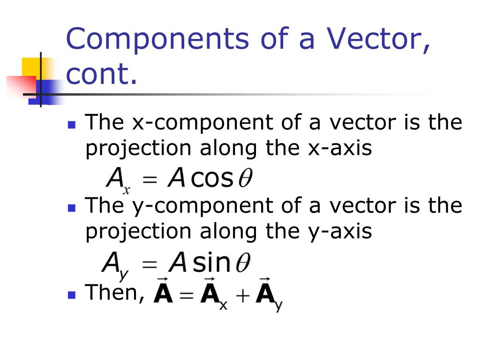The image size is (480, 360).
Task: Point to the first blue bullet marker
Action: point(71,125)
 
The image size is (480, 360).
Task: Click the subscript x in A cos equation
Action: point(126,190)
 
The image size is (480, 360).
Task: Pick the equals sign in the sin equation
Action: point(150,265)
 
